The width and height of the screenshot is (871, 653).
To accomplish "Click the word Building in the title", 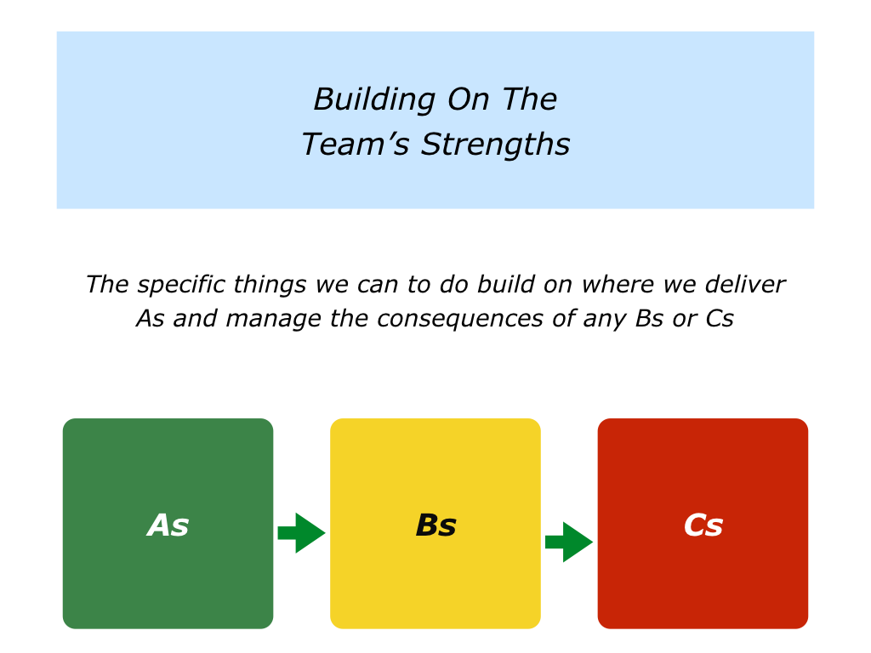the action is pos(374,100).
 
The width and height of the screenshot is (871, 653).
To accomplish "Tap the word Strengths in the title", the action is pos(495,145).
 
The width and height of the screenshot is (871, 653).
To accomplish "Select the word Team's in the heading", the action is pos(356,145).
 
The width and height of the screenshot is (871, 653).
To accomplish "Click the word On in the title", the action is pos(469,100).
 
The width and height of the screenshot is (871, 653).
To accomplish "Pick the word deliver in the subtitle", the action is pos(745,284).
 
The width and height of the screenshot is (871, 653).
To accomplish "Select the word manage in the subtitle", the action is pos(273,320).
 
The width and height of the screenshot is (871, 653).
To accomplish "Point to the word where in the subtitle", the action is pos(618,284).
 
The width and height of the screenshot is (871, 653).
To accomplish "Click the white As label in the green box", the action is pos(168,525).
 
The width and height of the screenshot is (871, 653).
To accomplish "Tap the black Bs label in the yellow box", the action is pos(436,525).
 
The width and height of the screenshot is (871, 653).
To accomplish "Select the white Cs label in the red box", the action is pos(703,525).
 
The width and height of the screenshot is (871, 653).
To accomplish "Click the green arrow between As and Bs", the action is pos(301,533).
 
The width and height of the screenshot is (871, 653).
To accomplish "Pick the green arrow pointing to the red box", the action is pos(569,542).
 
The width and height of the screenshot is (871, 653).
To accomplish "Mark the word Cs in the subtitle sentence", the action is pos(720,320).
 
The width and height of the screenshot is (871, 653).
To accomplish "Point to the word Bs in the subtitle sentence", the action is pos(649,320).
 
